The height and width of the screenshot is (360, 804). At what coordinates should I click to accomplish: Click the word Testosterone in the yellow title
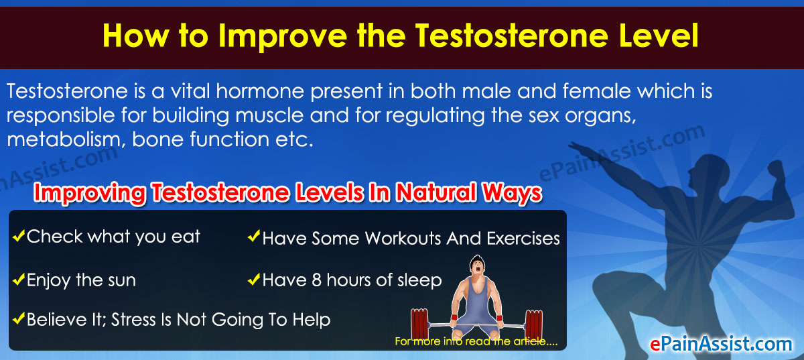point(511,36)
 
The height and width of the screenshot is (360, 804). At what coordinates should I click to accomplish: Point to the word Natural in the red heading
point(435,193)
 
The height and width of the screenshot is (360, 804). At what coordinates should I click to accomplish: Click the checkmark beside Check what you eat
point(19,236)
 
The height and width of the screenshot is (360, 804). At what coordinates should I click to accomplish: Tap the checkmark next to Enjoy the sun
point(19,280)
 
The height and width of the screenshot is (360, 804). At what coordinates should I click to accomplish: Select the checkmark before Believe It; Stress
point(19,318)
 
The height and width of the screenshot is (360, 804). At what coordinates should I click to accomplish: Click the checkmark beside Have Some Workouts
point(254,237)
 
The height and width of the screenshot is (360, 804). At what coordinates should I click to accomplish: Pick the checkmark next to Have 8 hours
point(254,280)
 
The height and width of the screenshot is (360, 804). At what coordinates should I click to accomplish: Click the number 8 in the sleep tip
point(316,280)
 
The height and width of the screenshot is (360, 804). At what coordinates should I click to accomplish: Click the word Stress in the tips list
point(133,319)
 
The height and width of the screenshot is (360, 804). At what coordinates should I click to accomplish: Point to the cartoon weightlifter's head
point(477,266)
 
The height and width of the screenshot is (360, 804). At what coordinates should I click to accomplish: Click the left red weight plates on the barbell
point(419,324)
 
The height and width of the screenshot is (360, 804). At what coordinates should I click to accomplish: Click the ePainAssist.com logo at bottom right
point(721,344)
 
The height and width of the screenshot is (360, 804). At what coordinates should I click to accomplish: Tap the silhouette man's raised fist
point(776,170)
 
